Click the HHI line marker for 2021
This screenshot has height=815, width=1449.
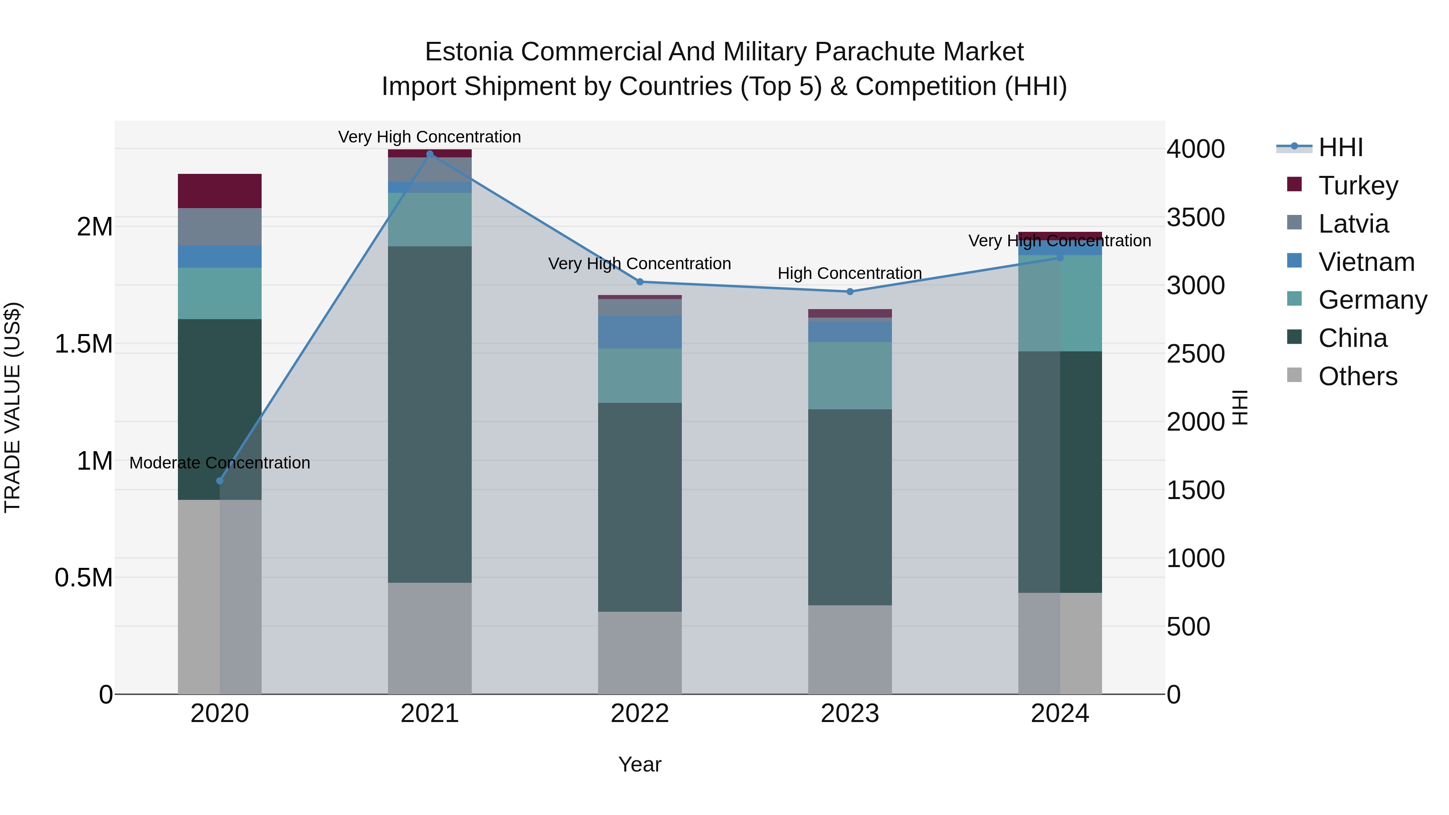430,154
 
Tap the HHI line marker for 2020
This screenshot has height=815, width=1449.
220,481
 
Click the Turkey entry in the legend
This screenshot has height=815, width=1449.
1358,186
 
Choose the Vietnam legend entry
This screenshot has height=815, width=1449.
1366,262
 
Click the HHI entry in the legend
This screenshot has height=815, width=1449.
1340,147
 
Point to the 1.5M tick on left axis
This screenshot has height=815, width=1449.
83,344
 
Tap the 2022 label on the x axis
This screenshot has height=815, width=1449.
640,714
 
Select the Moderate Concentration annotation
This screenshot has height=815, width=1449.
220,463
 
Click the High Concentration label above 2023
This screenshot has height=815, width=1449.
849,273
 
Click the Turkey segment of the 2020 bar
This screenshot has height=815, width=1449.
220,191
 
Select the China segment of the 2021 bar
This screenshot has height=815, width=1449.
430,414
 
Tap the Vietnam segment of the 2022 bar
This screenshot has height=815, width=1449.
640,332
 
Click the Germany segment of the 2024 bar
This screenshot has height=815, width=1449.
1060,304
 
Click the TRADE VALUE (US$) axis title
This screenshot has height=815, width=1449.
12,407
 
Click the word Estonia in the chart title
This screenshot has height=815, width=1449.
469,52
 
